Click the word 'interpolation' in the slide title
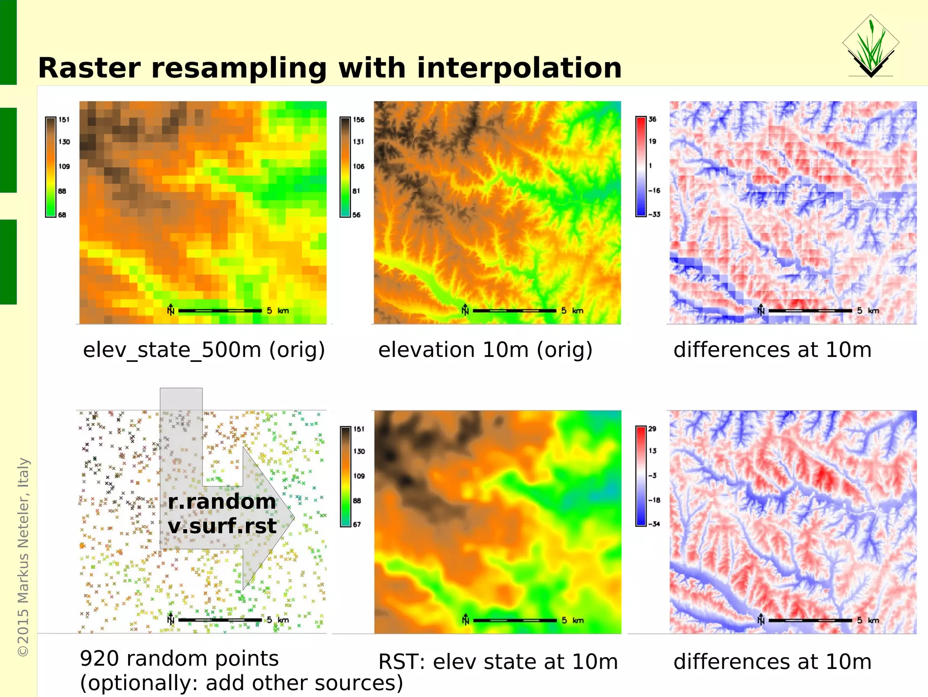click(519, 68)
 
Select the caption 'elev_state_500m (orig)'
click(204, 350)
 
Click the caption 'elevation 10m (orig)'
click(485, 350)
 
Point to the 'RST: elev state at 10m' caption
click(498, 662)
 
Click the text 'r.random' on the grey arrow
click(222, 502)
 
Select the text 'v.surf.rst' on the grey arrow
click(222, 526)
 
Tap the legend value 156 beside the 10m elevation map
click(358, 120)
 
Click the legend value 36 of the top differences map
click(652, 119)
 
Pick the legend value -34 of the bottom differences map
click(654, 524)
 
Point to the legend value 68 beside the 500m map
click(62, 215)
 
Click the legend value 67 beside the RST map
click(357, 525)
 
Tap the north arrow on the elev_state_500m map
click(170, 309)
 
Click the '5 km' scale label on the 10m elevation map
click(572, 311)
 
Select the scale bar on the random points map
click(220, 620)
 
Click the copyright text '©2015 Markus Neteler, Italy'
click(23, 557)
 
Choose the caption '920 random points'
click(179, 658)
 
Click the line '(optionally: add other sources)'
click(241, 683)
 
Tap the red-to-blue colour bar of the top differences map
click(641, 166)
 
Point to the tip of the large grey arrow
click(294, 517)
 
